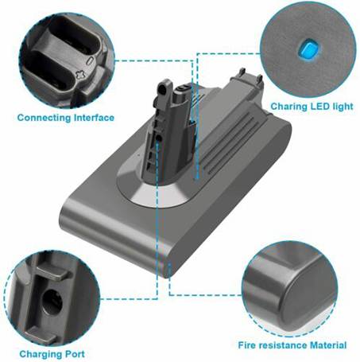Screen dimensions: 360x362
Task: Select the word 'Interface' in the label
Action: coord(94,118)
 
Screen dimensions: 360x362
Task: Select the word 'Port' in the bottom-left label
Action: coord(74,354)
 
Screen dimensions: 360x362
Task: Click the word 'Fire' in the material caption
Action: coord(247,345)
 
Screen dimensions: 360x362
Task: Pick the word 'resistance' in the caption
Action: coord(283,345)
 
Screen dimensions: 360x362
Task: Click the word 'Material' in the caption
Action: coord(328,345)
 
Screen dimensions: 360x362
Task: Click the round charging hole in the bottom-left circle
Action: coord(52,302)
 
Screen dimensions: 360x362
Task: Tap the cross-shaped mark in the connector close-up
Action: coord(79,76)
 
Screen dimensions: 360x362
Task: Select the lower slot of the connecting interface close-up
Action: coord(49,70)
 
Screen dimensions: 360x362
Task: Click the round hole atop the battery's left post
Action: coord(162,89)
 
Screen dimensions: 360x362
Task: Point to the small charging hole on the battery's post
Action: coord(159,138)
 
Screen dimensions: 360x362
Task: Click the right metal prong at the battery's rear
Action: coord(260,80)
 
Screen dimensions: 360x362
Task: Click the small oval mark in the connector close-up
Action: coord(90,60)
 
